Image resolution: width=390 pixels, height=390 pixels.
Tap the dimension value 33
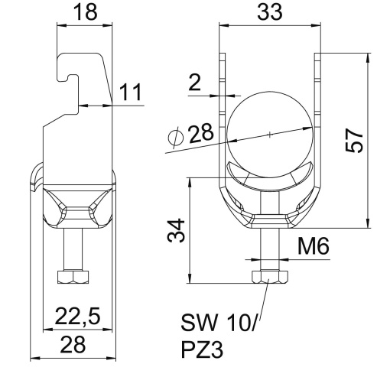(x=269, y=13)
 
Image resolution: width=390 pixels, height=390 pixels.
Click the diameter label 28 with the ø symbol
(x=191, y=135)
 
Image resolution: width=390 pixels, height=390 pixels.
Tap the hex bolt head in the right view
(x=269, y=276)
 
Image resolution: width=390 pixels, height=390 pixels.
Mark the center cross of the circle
(x=270, y=134)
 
